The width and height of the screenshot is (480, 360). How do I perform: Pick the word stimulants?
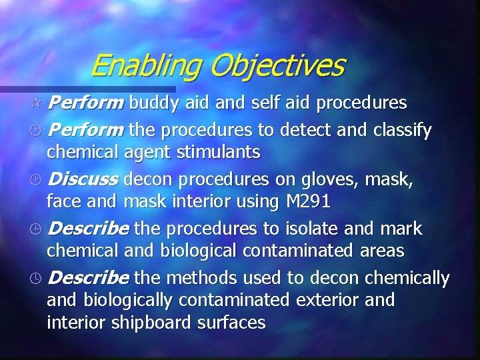219,153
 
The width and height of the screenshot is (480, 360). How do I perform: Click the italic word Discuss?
83,179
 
